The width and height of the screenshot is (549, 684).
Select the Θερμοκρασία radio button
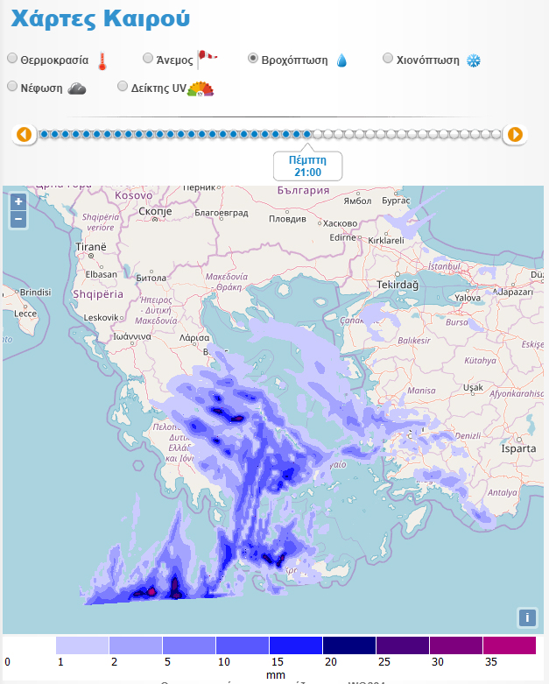point(12,59)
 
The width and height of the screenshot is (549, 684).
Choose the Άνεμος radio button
point(148,59)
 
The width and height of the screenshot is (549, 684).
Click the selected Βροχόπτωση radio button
point(253,59)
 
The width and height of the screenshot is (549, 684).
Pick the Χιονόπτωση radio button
point(389,59)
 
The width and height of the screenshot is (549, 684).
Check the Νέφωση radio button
point(12,87)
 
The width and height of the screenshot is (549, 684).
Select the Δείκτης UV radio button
point(123,87)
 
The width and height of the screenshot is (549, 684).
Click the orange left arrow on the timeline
point(25,135)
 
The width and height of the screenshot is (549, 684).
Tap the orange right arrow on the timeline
point(516,135)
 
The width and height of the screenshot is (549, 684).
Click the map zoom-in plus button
point(18,201)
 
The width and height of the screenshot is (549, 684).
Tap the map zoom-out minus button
point(18,219)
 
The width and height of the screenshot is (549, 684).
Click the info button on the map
point(526,617)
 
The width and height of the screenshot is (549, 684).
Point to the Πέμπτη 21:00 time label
point(306,166)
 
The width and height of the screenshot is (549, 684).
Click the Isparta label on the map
point(517,448)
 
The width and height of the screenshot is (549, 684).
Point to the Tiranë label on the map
point(91,247)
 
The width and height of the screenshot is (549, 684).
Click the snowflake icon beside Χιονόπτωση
point(474,60)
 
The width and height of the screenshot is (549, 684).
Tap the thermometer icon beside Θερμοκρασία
point(102,60)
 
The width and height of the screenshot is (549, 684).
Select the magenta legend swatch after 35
point(509,645)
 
